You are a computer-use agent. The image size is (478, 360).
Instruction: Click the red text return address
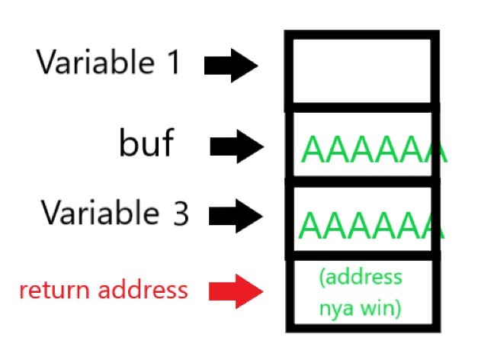pyautogui.click(x=103, y=290)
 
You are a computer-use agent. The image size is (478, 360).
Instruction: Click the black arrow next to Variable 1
pyautogui.click(x=231, y=66)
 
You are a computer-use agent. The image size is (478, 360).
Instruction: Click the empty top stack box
pyautogui.click(x=361, y=69)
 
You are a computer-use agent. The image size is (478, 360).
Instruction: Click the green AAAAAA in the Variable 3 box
pyautogui.click(x=372, y=224)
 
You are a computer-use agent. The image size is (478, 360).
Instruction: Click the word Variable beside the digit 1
pyautogui.click(x=95, y=63)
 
